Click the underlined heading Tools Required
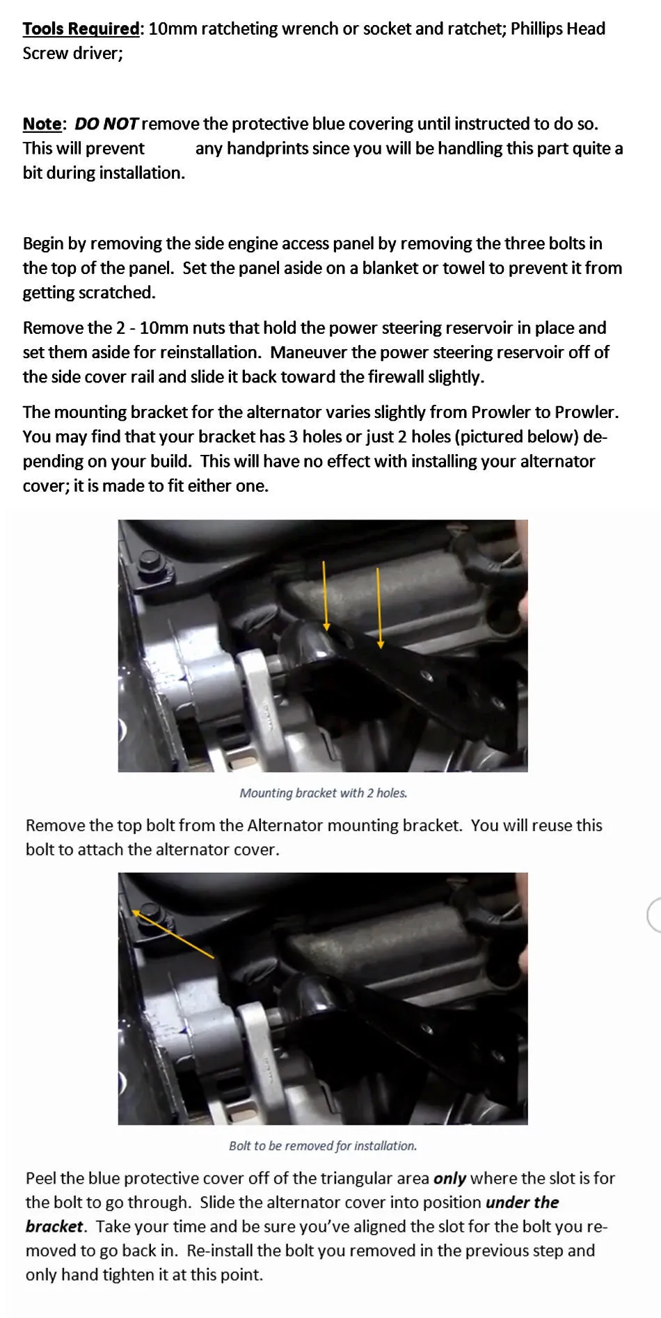(x=81, y=29)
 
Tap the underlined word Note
(x=42, y=124)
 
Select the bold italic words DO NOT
(x=107, y=124)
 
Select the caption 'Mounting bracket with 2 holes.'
(x=324, y=793)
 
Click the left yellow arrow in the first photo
(x=326, y=595)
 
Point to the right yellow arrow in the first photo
(x=379, y=608)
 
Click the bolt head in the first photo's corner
(x=148, y=561)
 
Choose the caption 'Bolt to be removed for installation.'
(x=323, y=1146)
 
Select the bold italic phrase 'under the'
(x=522, y=1203)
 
